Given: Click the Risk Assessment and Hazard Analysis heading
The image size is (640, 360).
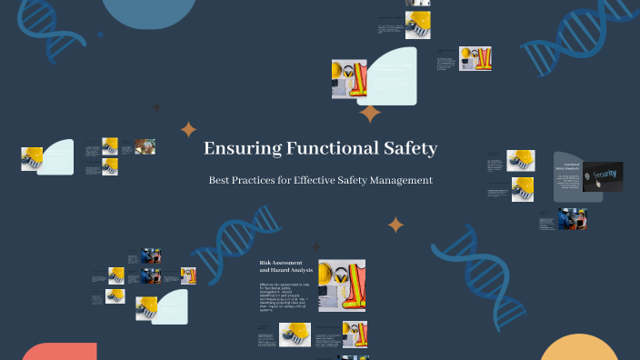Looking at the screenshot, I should coord(286,266).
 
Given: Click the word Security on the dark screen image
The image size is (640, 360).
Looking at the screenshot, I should coord(605,174).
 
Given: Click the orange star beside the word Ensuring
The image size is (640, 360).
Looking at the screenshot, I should coord(189,130).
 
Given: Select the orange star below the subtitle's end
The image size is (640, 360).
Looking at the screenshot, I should coord(395,225).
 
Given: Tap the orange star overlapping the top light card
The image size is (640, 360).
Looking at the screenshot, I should coord(370,114).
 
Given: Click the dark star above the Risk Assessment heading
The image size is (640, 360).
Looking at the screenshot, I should coord(316,246).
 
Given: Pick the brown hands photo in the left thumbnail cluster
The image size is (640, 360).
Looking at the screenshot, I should coord(145,145).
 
